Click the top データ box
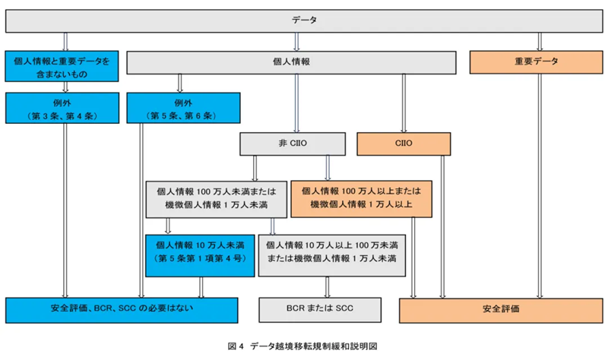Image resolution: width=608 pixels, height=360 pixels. pyautogui.click(x=304, y=20)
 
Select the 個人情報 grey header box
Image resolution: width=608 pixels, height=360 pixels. pyautogui.click(x=296, y=62)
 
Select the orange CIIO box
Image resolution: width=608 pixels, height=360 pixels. pyautogui.click(x=404, y=142)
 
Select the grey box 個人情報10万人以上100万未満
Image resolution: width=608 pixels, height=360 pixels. pyautogui.click(x=331, y=253)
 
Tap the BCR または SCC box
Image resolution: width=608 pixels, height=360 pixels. pyautogui.click(x=320, y=310)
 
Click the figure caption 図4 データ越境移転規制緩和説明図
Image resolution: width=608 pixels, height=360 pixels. pyautogui.click(x=303, y=346)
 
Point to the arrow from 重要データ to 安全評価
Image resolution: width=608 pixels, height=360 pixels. pyautogui.click(x=540, y=190)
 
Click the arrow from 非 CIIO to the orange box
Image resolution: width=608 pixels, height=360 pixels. pyautogui.click(x=328, y=167)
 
